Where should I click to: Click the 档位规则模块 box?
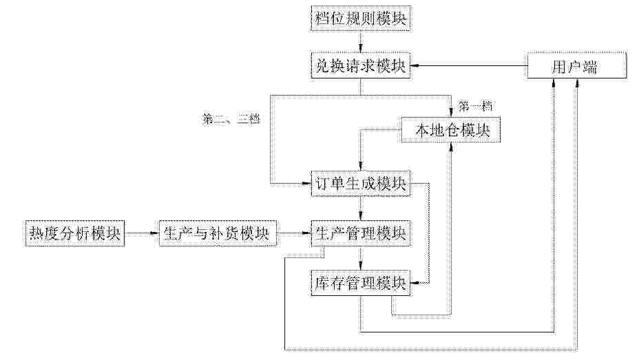click(x=361, y=19)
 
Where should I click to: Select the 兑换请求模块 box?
click(x=361, y=65)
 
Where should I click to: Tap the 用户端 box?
click(x=576, y=65)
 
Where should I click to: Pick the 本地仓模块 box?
click(x=451, y=130)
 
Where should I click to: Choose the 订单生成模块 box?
click(x=361, y=184)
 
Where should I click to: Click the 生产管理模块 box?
click(x=361, y=233)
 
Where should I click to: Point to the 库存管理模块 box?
click(x=361, y=283)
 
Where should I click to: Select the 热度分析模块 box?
click(x=74, y=233)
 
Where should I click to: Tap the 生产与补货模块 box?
click(x=218, y=233)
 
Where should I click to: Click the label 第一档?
click(x=475, y=107)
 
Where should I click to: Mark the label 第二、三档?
click(x=231, y=119)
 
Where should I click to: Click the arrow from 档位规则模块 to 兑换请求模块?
click(x=361, y=42)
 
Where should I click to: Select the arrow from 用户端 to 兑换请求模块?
click(x=469, y=65)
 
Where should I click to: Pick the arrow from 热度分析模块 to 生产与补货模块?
click(x=142, y=233)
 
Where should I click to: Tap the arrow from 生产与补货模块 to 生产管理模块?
click(x=294, y=233)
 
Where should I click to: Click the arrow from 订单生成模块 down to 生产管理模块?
click(x=361, y=209)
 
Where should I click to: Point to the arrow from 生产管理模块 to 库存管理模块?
click(x=361, y=258)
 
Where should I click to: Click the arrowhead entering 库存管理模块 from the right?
click(x=415, y=283)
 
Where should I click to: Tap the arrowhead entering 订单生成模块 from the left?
click(x=306, y=184)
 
